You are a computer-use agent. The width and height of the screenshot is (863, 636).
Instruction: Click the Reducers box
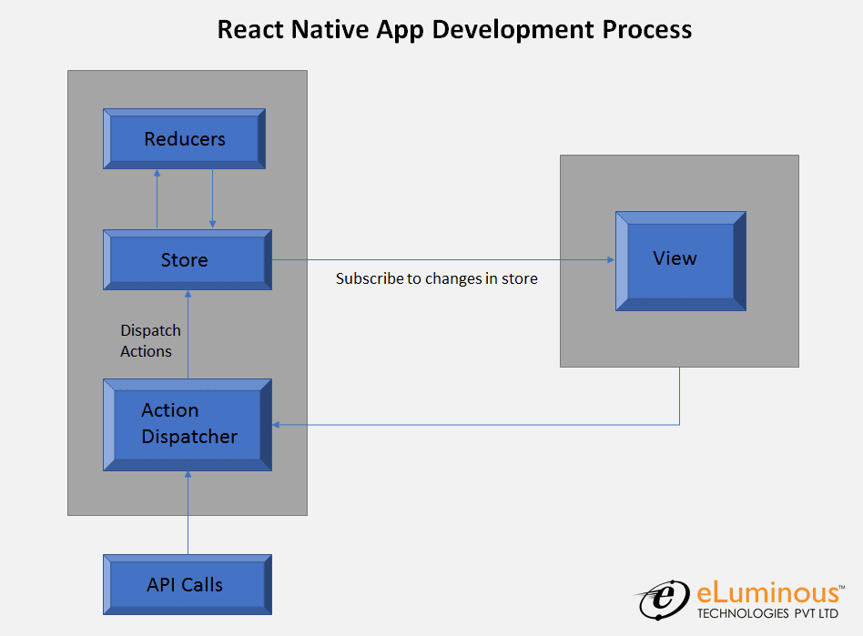[184, 139]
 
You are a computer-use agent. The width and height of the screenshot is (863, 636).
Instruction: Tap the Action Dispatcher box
[188, 424]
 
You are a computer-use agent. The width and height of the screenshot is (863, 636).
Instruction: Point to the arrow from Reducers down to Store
[212, 198]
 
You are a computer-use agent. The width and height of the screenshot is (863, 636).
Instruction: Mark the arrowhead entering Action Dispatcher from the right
[277, 425]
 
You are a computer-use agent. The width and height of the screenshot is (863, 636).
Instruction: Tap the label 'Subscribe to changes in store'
[436, 278]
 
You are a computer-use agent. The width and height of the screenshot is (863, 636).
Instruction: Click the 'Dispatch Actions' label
[150, 340]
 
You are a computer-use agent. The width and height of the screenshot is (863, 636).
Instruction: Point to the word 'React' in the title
[253, 29]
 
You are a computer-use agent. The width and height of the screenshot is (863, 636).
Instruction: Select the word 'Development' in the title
[513, 29]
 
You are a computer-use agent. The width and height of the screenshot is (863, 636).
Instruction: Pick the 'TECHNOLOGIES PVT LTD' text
[767, 614]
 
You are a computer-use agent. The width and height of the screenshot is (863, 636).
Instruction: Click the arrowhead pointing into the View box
[610, 260]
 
